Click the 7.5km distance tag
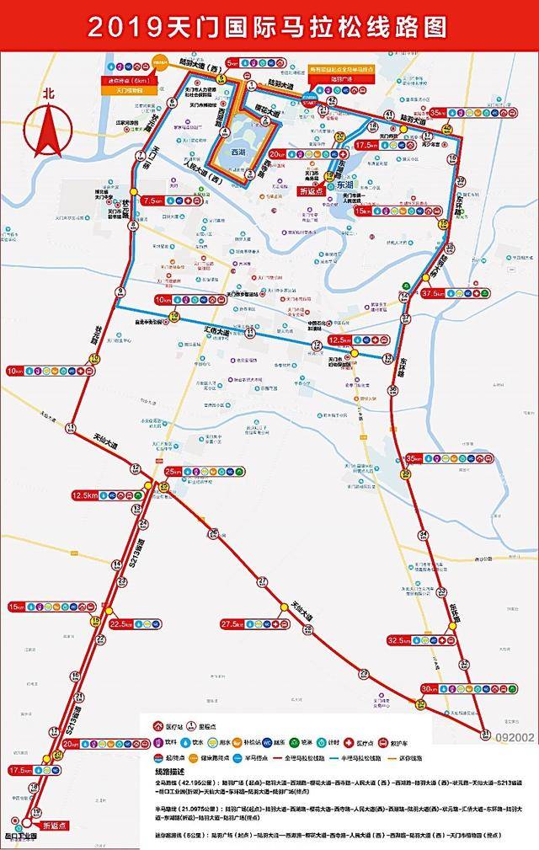click(153, 201)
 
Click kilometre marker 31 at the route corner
click(485, 735)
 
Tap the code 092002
click(515, 737)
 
